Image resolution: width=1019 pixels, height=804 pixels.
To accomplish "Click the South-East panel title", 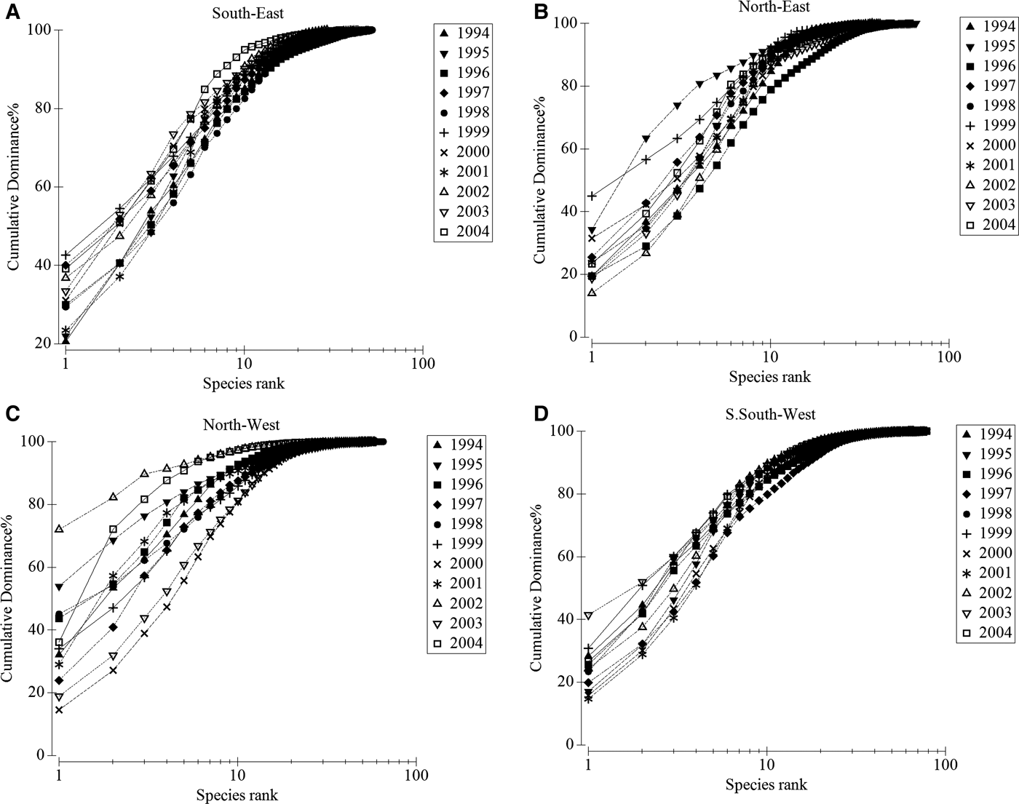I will pyautogui.click(x=244, y=12).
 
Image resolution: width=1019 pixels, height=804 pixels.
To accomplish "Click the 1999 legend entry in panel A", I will pyautogui.click(x=462, y=132).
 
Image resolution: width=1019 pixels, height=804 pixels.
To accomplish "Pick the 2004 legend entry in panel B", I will pyautogui.click(x=988, y=224).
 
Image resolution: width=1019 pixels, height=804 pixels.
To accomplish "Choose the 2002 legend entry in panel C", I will pyautogui.click(x=455, y=603).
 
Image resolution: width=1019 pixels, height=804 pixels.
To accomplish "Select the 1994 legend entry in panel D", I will pyautogui.click(x=984, y=434).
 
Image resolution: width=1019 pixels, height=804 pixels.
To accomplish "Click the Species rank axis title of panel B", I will pyautogui.click(x=769, y=377).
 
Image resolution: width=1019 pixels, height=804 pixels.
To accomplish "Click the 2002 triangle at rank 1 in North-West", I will pyautogui.click(x=59, y=529).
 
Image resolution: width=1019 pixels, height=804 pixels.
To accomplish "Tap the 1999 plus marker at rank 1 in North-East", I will pyautogui.click(x=592, y=196).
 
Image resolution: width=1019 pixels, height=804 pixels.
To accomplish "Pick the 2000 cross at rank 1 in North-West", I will pyautogui.click(x=59, y=709).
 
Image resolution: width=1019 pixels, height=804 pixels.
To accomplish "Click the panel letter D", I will pyautogui.click(x=539, y=414).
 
